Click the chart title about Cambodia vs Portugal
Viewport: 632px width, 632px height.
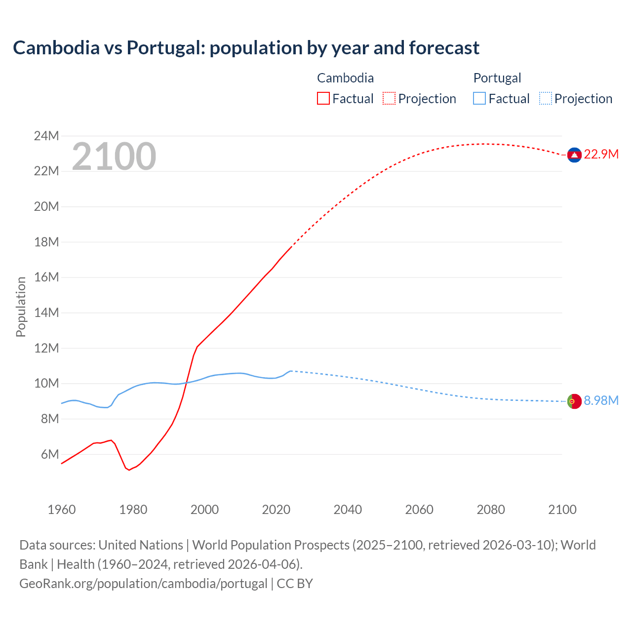[246, 48]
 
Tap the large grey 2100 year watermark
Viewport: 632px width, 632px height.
[114, 157]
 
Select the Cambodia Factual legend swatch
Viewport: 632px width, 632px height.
[323, 98]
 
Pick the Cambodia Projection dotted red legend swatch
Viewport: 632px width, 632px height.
[389, 98]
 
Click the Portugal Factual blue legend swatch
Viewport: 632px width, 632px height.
[479, 98]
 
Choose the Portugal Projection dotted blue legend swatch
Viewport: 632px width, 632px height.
[545, 98]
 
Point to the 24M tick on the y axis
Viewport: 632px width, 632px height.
[46, 136]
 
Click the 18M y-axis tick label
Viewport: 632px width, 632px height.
[46, 242]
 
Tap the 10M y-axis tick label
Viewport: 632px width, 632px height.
[46, 383]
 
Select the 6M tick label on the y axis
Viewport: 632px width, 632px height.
[50, 454]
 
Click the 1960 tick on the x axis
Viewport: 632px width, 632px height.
[62, 510]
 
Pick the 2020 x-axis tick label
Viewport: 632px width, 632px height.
[276, 510]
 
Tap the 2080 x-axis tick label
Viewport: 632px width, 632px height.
[491, 510]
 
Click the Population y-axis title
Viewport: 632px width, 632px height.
[21, 307]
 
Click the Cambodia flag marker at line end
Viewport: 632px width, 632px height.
[574, 155]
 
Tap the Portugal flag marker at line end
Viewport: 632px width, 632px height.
[574, 401]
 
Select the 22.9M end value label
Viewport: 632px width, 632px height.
[601, 155]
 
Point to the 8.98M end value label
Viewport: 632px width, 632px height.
[601, 400]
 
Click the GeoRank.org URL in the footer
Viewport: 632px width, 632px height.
[143, 583]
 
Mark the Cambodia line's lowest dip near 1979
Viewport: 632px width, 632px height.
[129, 470]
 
